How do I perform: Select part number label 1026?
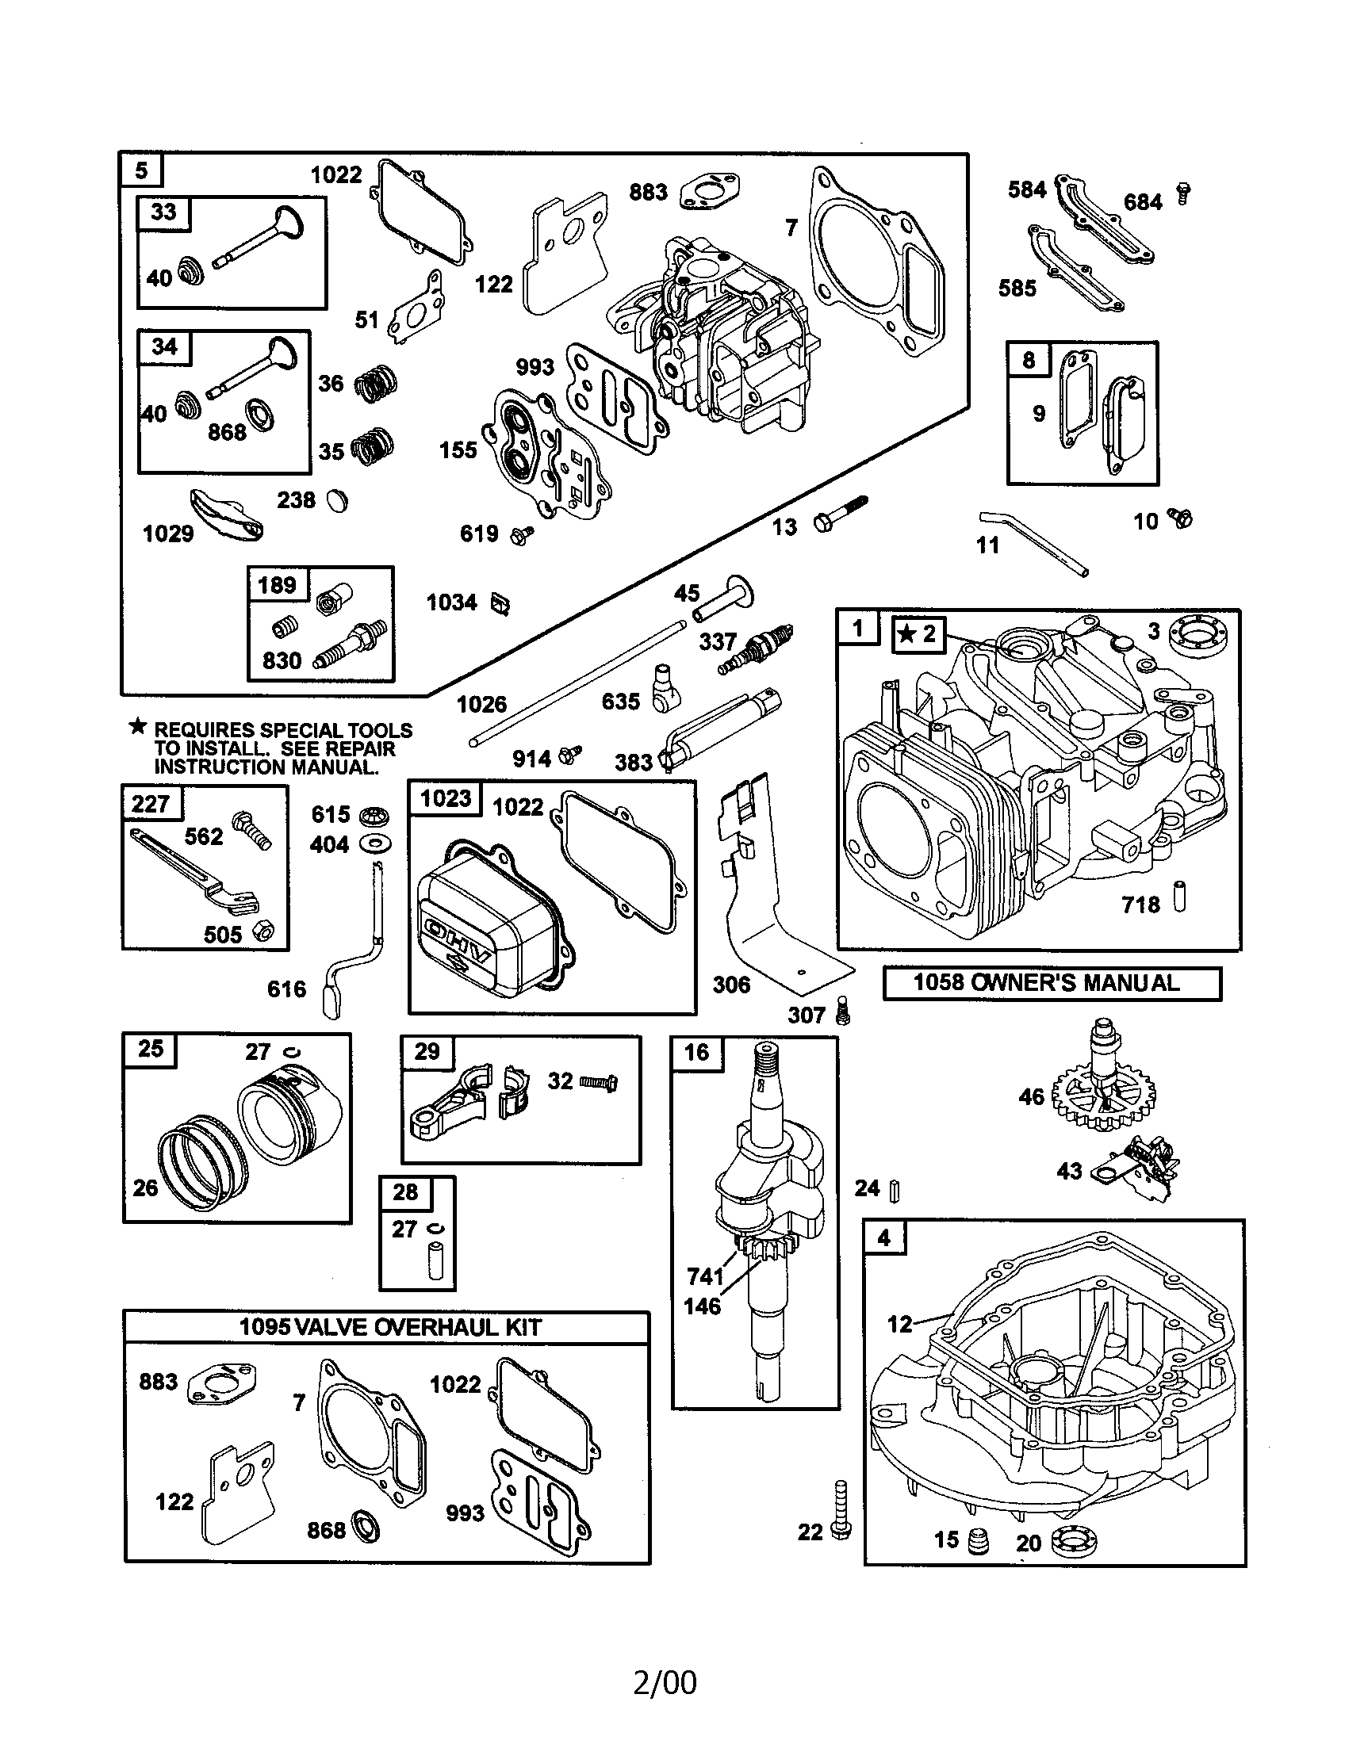coord(481,703)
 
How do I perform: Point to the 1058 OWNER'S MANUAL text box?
coord(1051,983)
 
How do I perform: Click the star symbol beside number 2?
coord(906,634)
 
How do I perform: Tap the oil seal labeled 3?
coord(1199,637)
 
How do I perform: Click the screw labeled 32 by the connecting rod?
coord(599,1084)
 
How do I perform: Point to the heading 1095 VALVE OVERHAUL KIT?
coord(389,1327)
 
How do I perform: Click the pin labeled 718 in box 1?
coord(1180,897)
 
